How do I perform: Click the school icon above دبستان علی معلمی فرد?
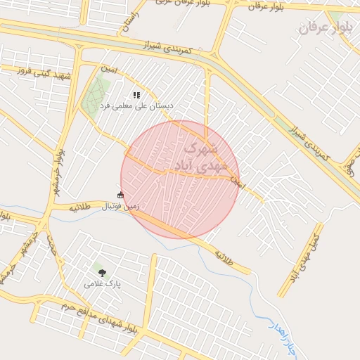136,94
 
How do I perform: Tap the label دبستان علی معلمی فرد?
136,105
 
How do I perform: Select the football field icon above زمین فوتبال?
120,195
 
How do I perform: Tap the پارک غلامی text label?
103,284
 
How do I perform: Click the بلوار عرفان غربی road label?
175,4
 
